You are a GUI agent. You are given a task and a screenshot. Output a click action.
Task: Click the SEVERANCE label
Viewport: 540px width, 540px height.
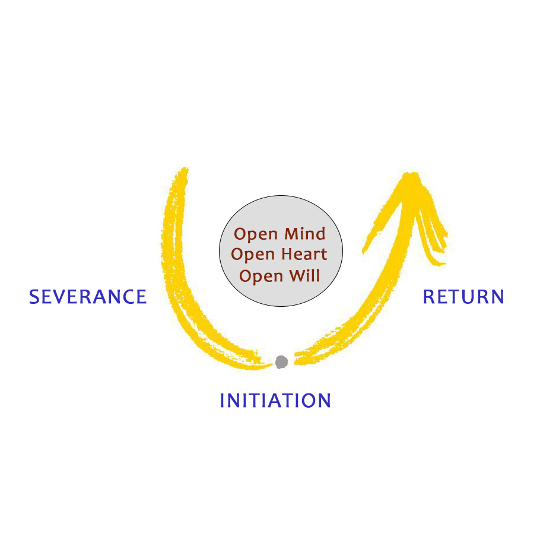(88, 297)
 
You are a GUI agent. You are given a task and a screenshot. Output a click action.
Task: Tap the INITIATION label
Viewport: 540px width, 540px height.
(275, 401)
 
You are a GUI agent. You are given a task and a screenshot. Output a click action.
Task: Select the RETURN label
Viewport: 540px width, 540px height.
(463, 297)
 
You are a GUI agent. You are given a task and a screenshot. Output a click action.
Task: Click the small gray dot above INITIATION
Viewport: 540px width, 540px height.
(281, 361)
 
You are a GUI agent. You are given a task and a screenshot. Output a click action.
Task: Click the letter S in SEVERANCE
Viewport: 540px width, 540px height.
(35, 297)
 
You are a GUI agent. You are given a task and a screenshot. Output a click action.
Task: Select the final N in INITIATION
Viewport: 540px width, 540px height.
(323, 401)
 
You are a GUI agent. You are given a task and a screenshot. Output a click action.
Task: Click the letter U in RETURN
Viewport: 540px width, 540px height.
(466, 297)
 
